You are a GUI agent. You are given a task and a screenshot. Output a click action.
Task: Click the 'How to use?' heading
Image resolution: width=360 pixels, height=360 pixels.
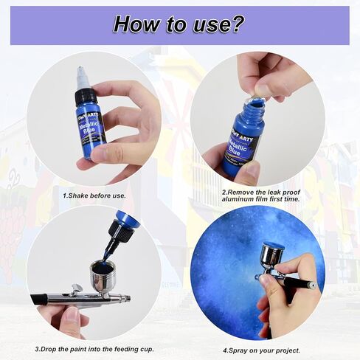(x=179, y=24)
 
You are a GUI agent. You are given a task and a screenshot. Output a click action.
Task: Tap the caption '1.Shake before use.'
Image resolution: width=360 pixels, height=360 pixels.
(x=94, y=196)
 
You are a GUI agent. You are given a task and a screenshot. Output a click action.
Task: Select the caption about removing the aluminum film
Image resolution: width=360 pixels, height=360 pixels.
(x=260, y=195)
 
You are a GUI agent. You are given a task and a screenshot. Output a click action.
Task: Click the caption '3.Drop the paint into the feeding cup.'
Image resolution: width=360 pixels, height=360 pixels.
(x=94, y=349)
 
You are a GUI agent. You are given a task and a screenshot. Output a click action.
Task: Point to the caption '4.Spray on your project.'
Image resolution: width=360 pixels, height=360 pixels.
(x=261, y=350)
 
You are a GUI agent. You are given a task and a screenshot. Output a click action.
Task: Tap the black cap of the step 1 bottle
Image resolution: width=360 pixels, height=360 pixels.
(x=85, y=97)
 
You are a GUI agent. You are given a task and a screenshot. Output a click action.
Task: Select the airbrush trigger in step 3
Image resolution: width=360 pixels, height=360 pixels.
(x=76, y=288)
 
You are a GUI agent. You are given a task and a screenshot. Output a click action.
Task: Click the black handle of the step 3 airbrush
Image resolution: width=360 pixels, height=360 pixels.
(x=39, y=300)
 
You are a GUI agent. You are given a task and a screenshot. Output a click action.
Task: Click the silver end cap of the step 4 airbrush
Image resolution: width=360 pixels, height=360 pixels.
(x=312, y=285)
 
